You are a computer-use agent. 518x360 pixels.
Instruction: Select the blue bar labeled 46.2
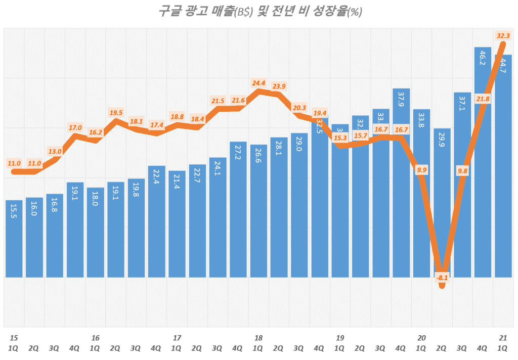point(482,162)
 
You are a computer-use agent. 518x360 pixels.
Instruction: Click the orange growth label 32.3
point(503,35)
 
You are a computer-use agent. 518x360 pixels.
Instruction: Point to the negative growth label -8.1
point(442,278)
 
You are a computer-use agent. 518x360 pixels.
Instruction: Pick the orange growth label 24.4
point(258,83)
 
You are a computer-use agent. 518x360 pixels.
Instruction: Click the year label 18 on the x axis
point(258,338)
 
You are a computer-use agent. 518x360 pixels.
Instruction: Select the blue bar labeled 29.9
point(442,202)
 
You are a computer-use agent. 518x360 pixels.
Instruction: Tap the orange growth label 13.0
point(55,151)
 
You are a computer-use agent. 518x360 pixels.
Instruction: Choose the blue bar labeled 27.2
point(238,209)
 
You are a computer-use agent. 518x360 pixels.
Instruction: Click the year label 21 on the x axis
point(503,338)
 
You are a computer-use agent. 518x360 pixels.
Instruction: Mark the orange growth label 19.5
point(116,112)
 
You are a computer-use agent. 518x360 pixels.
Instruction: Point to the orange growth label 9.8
point(462,171)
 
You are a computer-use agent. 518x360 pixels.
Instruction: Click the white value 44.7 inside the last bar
point(503,66)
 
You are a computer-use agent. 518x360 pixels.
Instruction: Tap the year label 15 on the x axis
point(14,338)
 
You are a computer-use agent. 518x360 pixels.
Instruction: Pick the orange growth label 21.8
point(483,99)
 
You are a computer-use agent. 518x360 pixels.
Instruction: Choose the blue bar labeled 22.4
point(156,221)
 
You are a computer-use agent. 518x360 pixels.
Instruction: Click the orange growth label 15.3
point(340,138)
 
